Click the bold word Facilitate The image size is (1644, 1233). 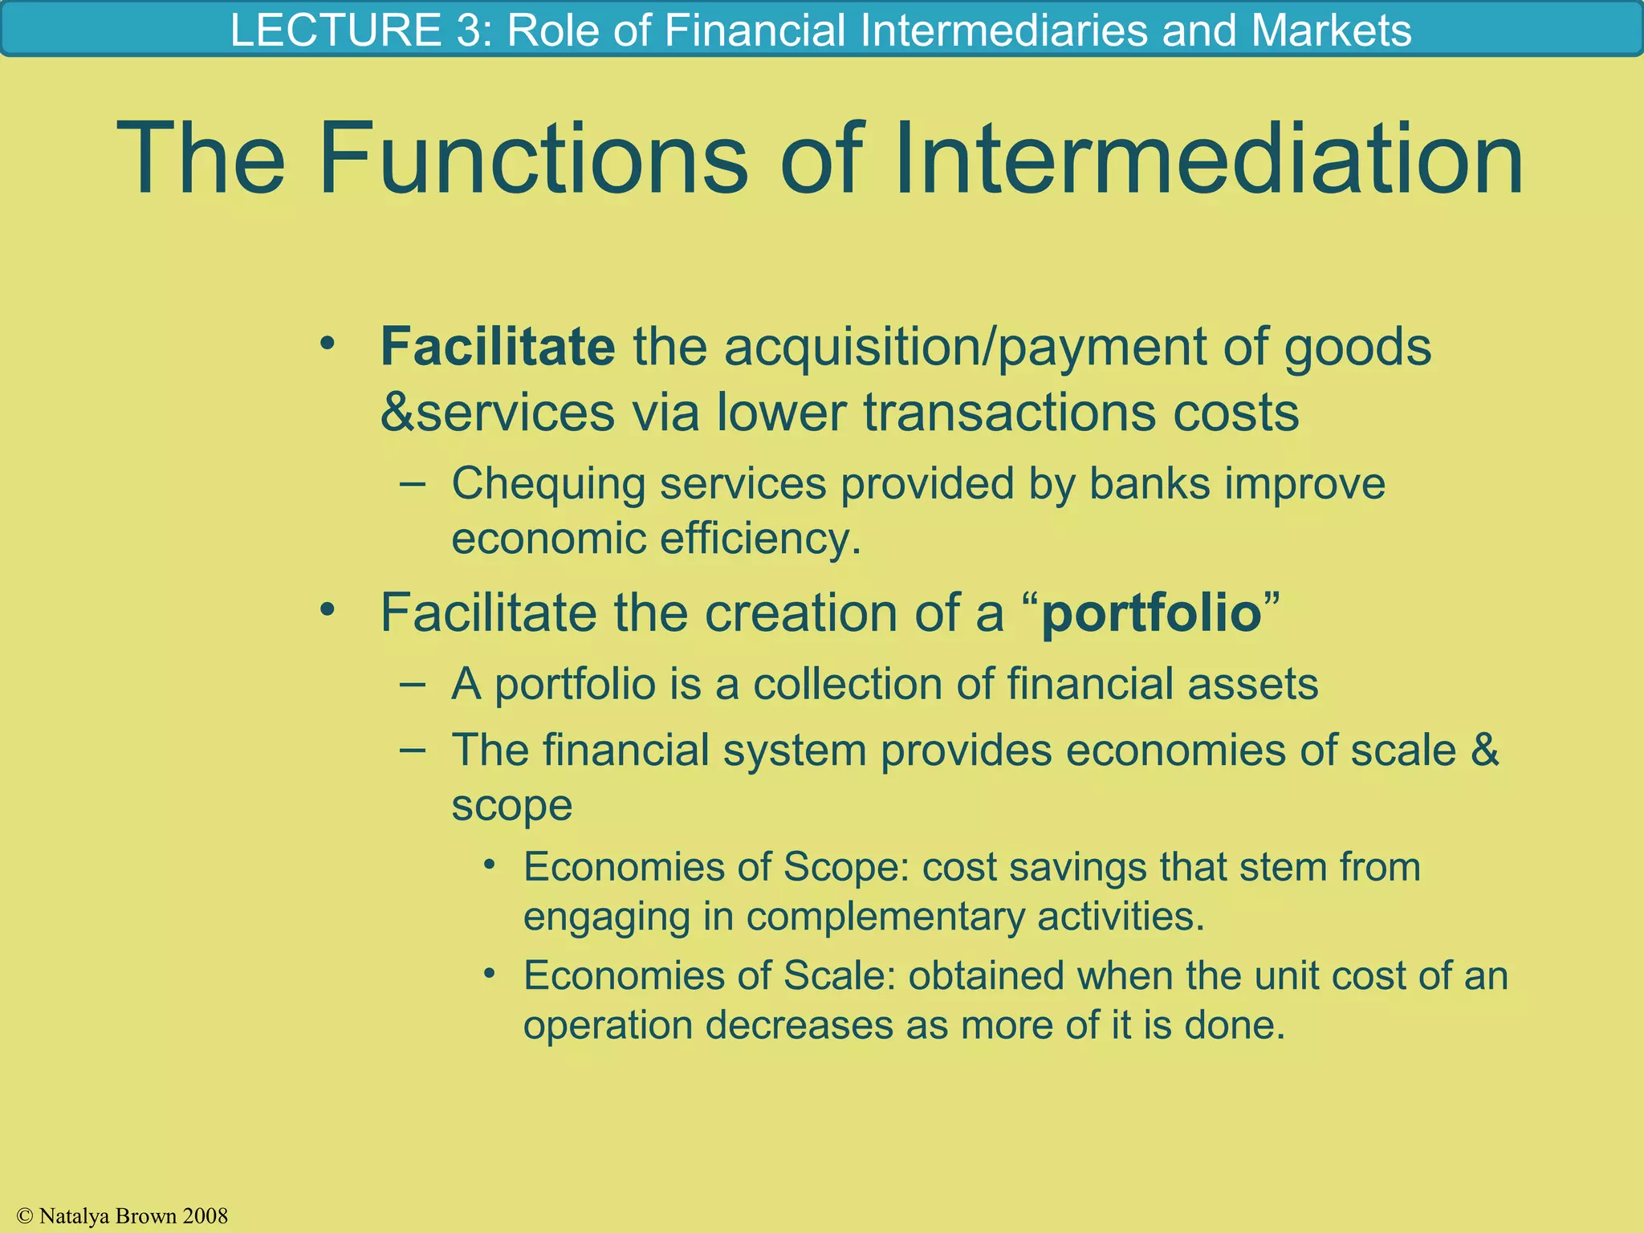click(498, 347)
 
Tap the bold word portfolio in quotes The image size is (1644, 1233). click(1151, 613)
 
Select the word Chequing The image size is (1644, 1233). click(548, 485)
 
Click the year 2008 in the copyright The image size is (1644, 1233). click(205, 1216)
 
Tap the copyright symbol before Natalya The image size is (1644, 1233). click(25, 1216)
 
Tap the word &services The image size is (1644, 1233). click(497, 413)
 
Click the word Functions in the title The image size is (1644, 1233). click(533, 158)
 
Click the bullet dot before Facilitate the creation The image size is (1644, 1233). click(327, 610)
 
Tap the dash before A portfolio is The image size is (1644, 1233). click(412, 684)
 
